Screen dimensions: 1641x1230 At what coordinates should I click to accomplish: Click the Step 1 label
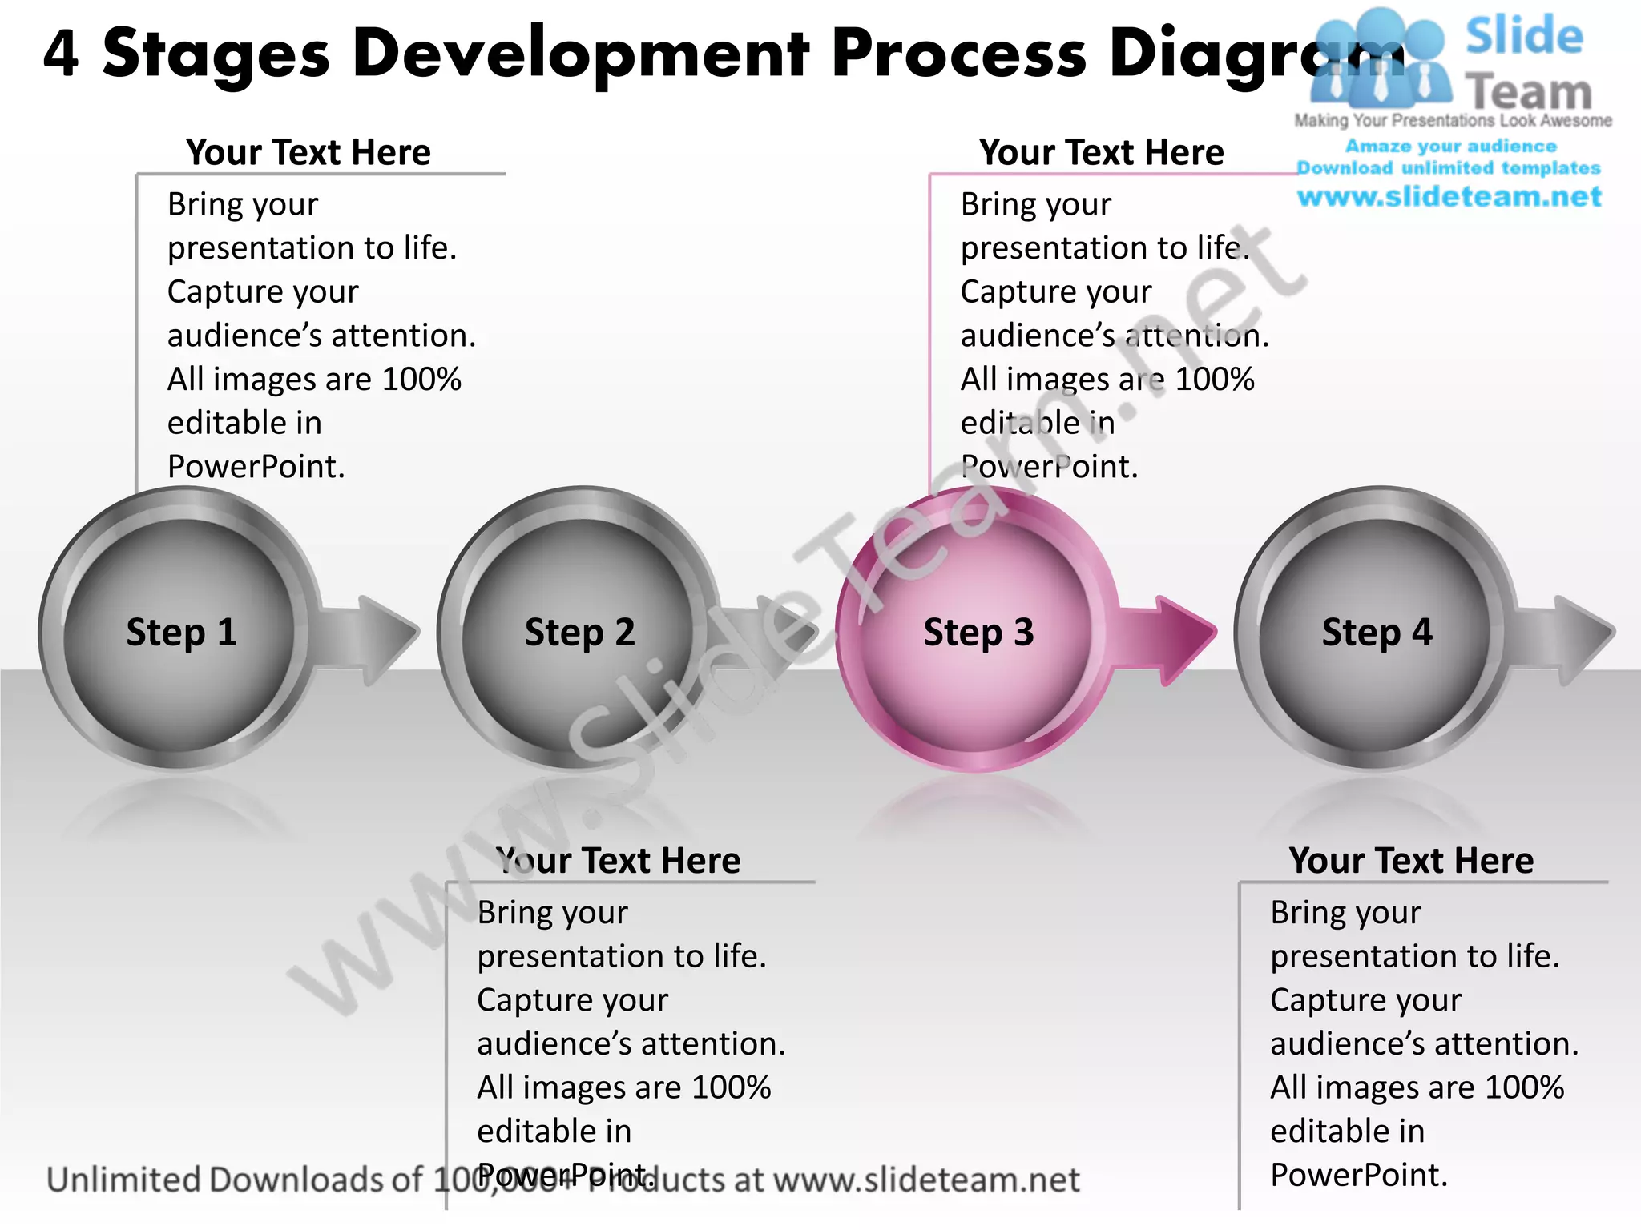[x=181, y=633]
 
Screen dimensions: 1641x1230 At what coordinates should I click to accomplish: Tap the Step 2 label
[x=579, y=633]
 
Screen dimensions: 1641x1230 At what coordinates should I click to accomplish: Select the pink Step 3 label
[x=978, y=633]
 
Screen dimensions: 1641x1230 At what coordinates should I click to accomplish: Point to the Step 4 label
[x=1377, y=633]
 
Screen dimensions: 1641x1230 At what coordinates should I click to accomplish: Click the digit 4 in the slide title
[x=61, y=54]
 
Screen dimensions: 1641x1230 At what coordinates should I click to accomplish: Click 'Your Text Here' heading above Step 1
[x=308, y=152]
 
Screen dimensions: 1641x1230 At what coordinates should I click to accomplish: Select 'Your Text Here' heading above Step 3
[x=1101, y=152]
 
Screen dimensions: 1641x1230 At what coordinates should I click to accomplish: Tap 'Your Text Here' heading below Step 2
[x=618, y=861]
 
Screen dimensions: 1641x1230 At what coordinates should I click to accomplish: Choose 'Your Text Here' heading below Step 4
[x=1411, y=861]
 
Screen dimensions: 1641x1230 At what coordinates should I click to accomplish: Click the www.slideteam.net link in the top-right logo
[x=1449, y=197]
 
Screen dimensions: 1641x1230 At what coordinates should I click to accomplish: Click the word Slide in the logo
[x=1524, y=37]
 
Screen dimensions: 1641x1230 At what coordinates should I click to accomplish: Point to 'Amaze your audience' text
[x=1450, y=147]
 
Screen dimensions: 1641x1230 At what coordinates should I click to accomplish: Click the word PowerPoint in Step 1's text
[x=256, y=467]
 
